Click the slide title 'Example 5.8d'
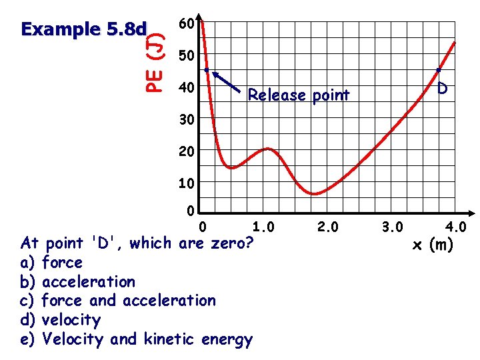83,29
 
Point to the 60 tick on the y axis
187,25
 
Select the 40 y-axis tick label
187,88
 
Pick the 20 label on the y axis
187,151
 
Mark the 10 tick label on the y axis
187,183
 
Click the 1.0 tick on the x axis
263,228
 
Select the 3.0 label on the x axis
391,228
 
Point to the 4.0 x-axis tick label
456,228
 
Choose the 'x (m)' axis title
433,245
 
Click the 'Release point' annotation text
298,95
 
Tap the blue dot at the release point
207,69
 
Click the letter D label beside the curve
443,88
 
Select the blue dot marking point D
439,69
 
